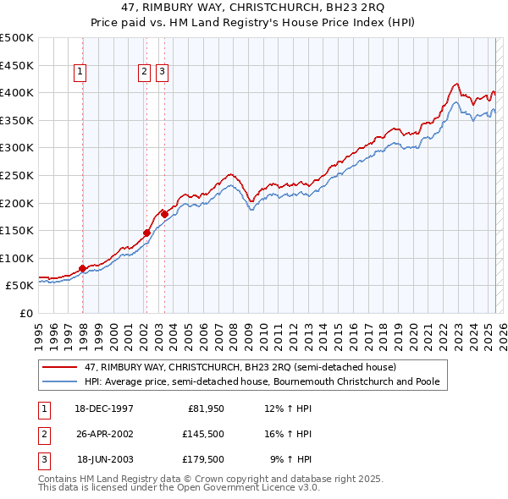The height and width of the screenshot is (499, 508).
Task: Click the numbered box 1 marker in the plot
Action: (80, 73)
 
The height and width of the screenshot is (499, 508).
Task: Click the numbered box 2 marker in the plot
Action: (145, 73)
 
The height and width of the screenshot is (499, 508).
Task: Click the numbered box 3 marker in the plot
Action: (162, 73)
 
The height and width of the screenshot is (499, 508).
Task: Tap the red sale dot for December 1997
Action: (83, 268)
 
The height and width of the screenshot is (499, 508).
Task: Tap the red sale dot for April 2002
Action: (146, 233)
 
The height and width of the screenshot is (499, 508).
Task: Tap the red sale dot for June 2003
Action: (163, 214)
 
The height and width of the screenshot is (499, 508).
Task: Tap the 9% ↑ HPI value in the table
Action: (290, 459)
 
